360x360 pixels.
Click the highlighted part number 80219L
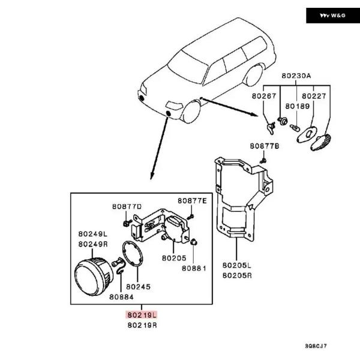[141, 314]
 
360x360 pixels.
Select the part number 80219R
[142, 325]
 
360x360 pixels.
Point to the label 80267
[264, 95]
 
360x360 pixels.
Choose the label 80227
[314, 95]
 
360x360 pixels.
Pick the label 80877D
[126, 206]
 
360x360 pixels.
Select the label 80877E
[191, 200]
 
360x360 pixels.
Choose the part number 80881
[194, 268]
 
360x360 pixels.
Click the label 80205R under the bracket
[236, 275]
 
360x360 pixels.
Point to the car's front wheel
[191, 112]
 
